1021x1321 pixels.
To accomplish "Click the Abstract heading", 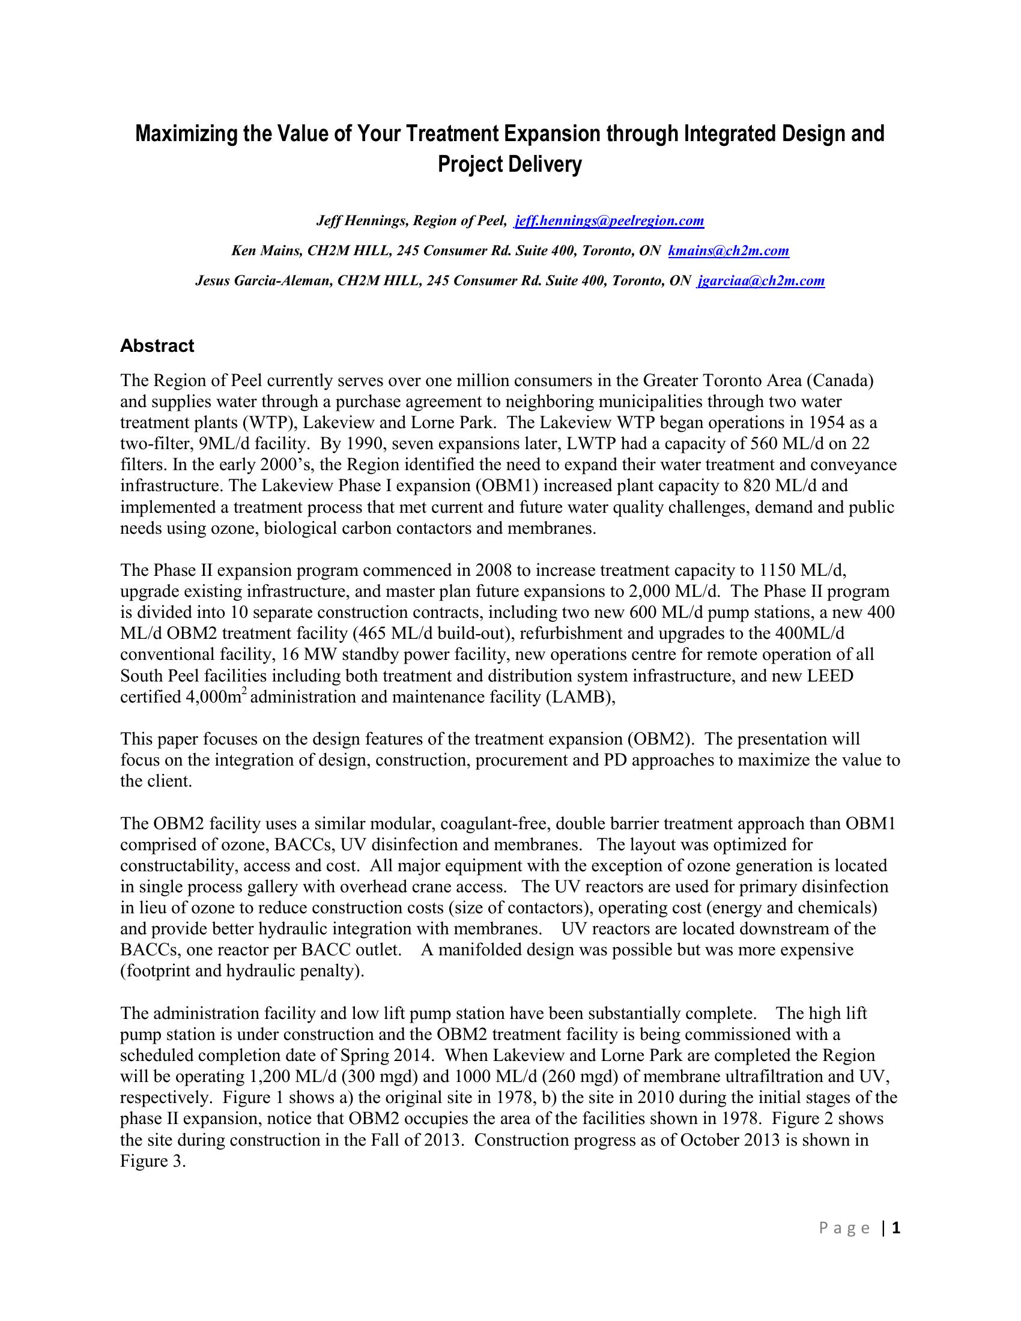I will pos(157,346).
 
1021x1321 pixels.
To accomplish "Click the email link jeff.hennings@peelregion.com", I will pos(609,221).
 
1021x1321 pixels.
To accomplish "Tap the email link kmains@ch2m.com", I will pos(729,250).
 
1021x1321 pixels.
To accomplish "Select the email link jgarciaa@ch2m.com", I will pos(762,280).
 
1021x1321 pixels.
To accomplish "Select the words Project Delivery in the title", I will pos(509,165).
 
